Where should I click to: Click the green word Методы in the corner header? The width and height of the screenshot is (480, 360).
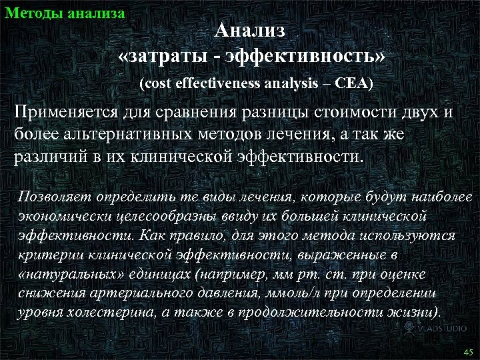click(30, 11)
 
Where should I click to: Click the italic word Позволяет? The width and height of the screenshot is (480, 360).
click(54, 197)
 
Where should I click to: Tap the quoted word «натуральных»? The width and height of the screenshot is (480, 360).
click(63, 275)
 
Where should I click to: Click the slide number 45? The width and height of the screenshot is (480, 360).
click(466, 351)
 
